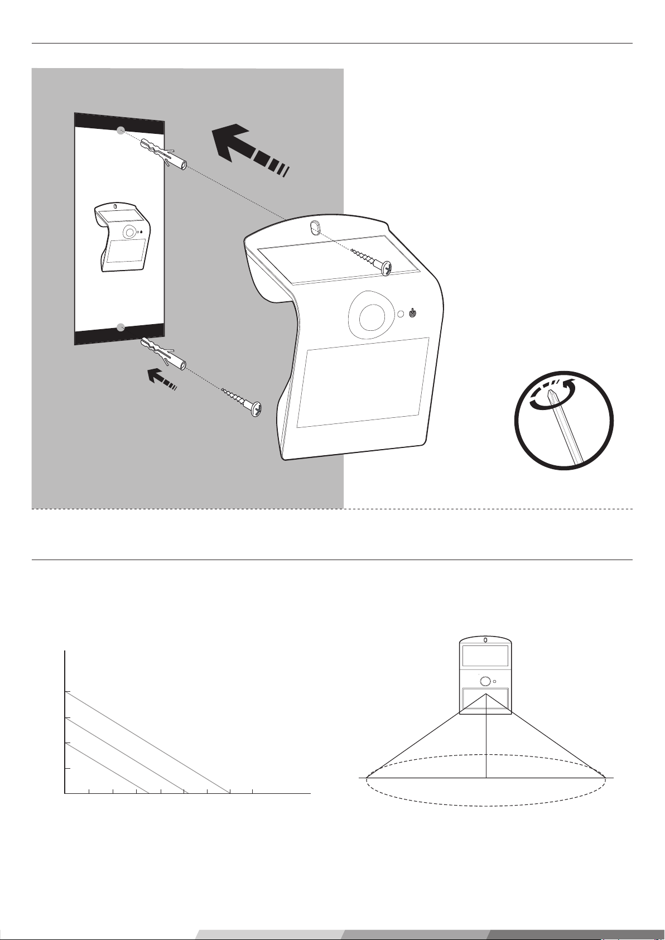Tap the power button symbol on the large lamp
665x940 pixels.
(412, 314)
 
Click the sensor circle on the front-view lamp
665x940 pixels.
(485, 681)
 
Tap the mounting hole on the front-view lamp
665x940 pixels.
(485, 640)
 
